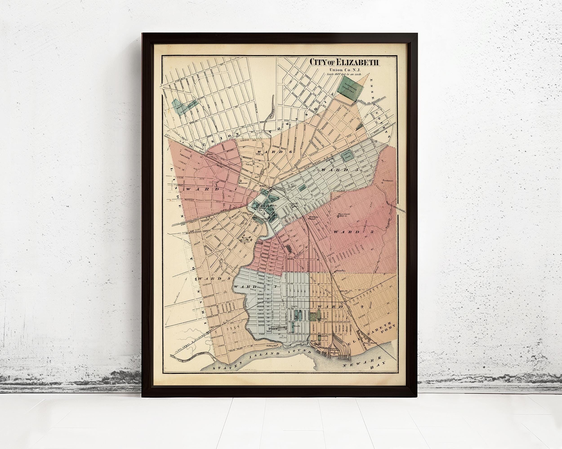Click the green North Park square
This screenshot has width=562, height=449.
[348, 157]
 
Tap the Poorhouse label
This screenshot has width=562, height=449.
[387, 180]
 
